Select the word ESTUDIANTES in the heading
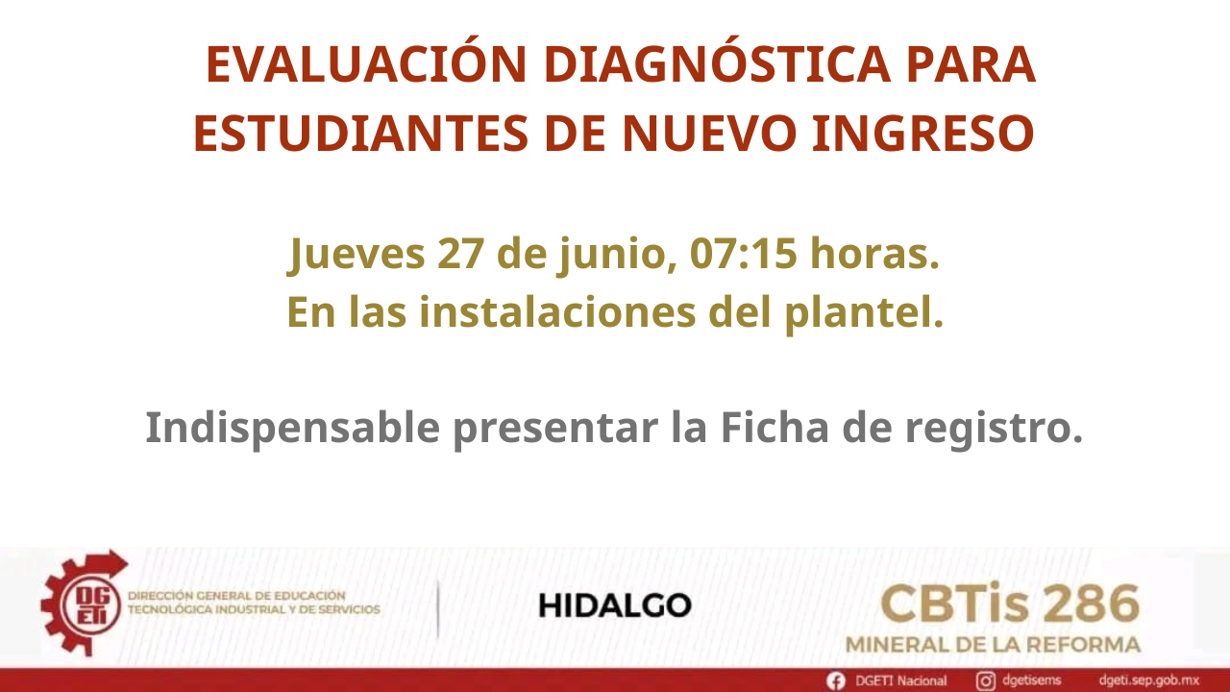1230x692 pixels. click(360, 133)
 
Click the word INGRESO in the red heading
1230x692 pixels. click(923, 133)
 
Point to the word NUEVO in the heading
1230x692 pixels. click(709, 133)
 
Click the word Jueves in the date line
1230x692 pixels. click(356, 255)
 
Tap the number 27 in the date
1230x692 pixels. click(460, 254)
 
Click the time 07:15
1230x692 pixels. click(743, 254)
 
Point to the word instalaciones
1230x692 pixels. click(557, 311)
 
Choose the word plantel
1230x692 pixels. click(864, 313)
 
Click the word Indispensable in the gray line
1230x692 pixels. click(293, 429)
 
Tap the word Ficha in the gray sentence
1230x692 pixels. click(775, 427)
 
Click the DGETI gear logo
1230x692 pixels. click(84, 603)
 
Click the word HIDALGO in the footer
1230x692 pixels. click(614, 605)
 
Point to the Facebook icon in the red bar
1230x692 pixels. click(836, 681)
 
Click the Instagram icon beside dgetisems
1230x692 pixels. click(985, 681)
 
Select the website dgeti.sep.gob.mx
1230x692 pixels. click(1148, 681)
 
